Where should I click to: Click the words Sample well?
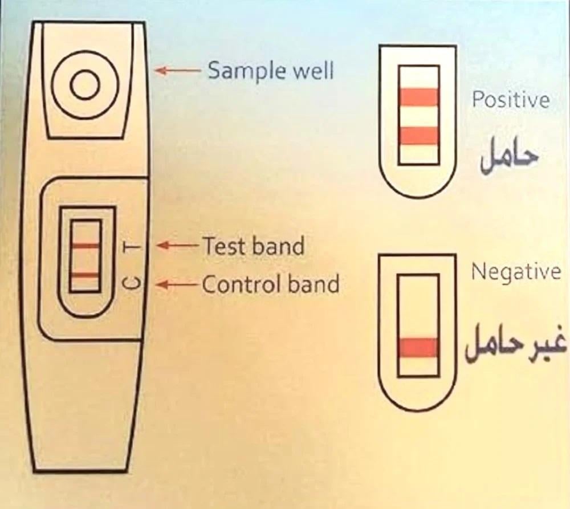click(270, 71)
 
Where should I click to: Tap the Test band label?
click(253, 246)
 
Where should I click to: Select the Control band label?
click(271, 283)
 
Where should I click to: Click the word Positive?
click(511, 100)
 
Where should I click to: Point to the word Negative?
click(516, 272)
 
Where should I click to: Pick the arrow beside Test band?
click(178, 246)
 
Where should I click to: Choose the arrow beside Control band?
click(178, 283)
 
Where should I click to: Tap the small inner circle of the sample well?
click(85, 85)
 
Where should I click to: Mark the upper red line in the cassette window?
click(85, 246)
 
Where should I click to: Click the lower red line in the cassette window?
click(85, 275)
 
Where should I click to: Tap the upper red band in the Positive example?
click(419, 97)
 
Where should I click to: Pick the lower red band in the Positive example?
click(419, 135)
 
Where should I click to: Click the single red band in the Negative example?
click(419, 347)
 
